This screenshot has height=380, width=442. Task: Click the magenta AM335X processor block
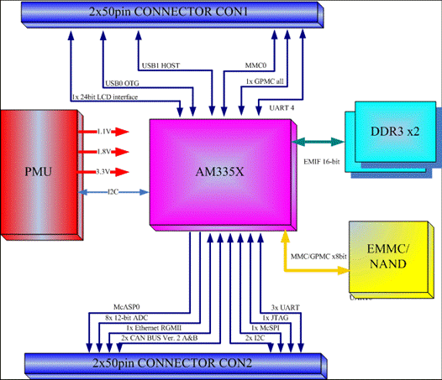(223, 174)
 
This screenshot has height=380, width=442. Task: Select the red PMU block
(41, 174)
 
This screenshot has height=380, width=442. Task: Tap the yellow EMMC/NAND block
(392, 259)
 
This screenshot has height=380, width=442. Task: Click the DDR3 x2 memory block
(392, 139)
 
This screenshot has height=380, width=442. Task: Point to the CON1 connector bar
(172, 14)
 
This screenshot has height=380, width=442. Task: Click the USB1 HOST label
(160, 65)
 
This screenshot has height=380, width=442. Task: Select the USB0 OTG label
(122, 83)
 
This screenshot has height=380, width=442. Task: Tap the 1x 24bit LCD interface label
(105, 97)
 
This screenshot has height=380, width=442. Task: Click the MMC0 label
(255, 65)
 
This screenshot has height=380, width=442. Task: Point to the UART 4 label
(282, 108)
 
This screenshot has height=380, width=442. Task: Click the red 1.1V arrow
(103, 132)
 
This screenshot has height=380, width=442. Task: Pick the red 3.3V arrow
(103, 172)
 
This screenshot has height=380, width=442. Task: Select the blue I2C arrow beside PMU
(113, 192)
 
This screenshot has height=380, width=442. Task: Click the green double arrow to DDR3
(318, 142)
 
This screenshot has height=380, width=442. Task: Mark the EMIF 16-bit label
(322, 162)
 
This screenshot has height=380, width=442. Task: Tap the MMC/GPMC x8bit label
(318, 257)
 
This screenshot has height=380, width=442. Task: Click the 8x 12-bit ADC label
(127, 318)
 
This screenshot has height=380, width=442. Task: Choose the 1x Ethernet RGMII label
(154, 328)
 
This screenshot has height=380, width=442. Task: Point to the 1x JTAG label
(276, 318)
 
